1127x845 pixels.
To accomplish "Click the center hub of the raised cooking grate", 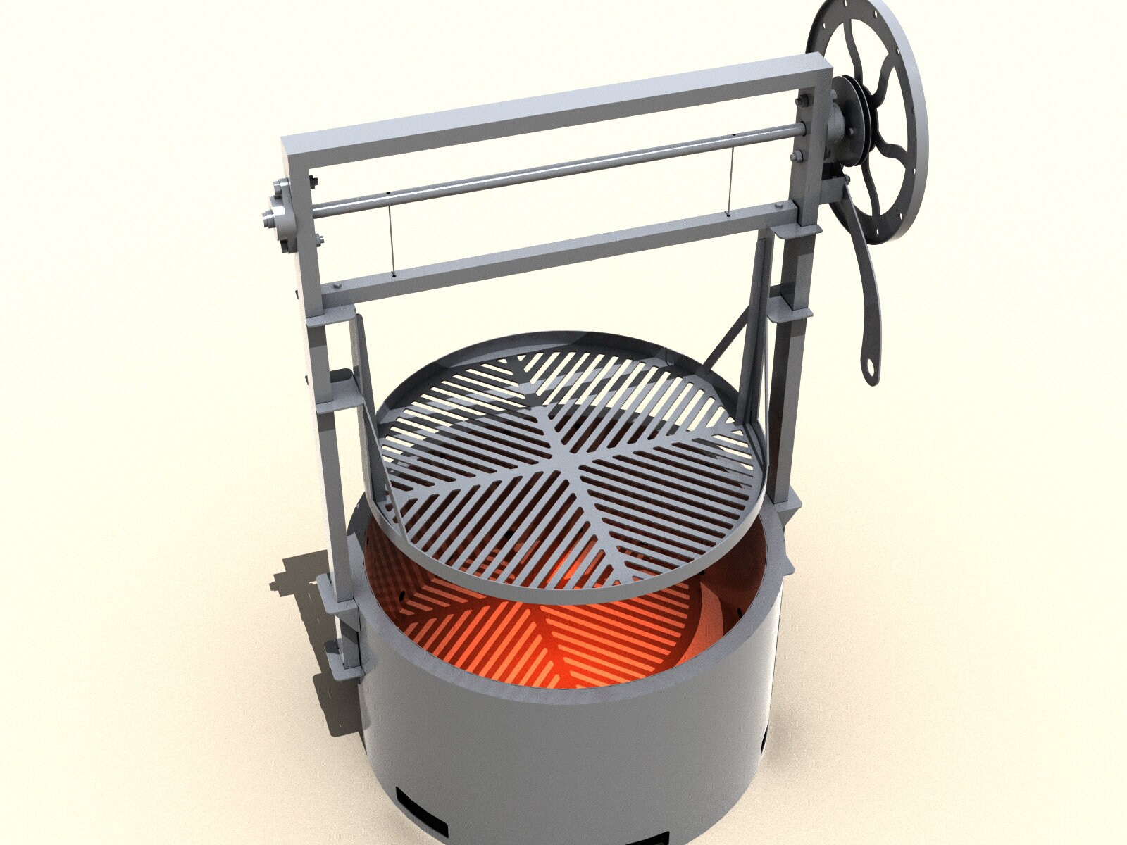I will click(572, 464).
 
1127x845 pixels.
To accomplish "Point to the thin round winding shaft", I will click(563, 168).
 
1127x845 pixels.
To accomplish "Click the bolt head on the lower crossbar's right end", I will click(779, 206).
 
